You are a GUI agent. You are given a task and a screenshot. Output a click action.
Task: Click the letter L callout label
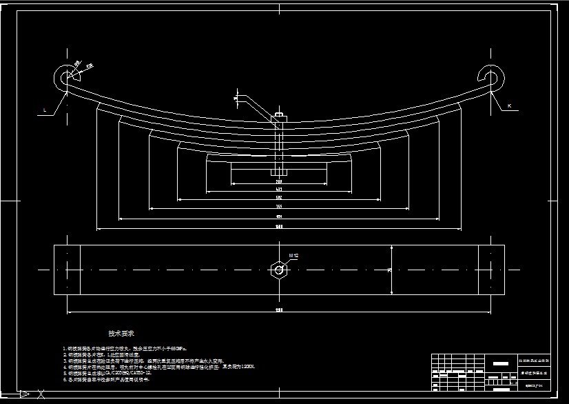(45, 110)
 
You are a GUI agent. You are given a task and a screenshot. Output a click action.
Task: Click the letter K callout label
(509, 106)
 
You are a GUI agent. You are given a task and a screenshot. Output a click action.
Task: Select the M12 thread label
(293, 255)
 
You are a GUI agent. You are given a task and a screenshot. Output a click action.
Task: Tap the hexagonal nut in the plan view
(278, 270)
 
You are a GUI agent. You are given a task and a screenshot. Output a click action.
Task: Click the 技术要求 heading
(121, 334)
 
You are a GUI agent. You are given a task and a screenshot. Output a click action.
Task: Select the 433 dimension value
(278, 189)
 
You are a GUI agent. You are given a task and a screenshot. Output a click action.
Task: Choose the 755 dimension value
(278, 207)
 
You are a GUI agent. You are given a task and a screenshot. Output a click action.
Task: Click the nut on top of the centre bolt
(279, 116)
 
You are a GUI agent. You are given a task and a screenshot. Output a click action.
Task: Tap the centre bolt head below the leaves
(279, 172)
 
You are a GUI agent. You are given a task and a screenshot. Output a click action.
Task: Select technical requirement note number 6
(106, 380)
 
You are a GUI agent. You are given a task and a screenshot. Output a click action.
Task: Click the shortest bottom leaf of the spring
(278, 167)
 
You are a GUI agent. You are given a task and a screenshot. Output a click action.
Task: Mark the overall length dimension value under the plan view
(278, 310)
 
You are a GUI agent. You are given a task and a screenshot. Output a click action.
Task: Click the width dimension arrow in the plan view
(391, 270)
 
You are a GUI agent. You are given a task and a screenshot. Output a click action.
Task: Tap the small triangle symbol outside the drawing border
(25, 394)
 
